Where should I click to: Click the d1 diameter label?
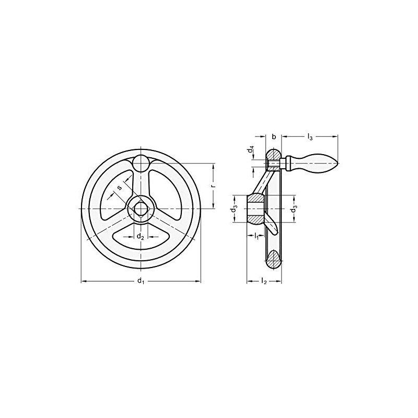click(x=140, y=282)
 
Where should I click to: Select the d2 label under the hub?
click(x=140, y=237)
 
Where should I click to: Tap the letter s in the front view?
click(x=120, y=187)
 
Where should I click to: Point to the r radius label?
click(x=219, y=185)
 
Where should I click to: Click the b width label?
click(x=274, y=137)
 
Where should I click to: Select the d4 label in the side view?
click(x=251, y=150)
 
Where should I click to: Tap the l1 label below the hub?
click(x=257, y=238)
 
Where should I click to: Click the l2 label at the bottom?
click(x=264, y=282)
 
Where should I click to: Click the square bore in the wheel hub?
click(x=141, y=208)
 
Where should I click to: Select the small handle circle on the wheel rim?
click(x=141, y=163)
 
